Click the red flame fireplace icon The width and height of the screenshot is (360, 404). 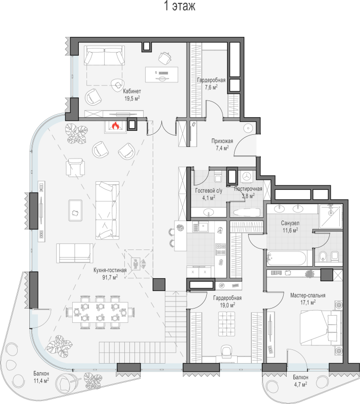[115, 126]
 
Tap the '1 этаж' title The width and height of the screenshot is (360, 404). [179, 6]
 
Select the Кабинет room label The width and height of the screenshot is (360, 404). [132, 91]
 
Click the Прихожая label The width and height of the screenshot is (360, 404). [222, 141]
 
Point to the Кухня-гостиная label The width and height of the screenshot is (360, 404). [110, 270]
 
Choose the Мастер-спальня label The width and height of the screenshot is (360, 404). [307, 295]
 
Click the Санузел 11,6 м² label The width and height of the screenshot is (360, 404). [290, 226]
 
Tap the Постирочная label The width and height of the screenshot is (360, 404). [248, 189]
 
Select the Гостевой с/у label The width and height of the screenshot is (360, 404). [209, 191]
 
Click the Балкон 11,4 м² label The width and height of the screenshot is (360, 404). [41, 377]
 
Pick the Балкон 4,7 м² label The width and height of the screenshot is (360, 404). [300, 381]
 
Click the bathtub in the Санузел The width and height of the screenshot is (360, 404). [287, 258]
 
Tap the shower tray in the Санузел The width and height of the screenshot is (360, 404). [331, 216]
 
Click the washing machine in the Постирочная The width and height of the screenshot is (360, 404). [248, 176]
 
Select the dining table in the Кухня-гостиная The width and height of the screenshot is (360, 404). [100, 312]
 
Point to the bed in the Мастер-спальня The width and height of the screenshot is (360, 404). [320, 327]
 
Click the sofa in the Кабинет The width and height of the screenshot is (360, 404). [104, 56]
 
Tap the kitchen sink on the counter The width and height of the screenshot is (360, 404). [201, 227]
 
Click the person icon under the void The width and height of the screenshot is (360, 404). [135, 264]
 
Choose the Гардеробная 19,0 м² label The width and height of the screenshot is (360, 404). [227, 301]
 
